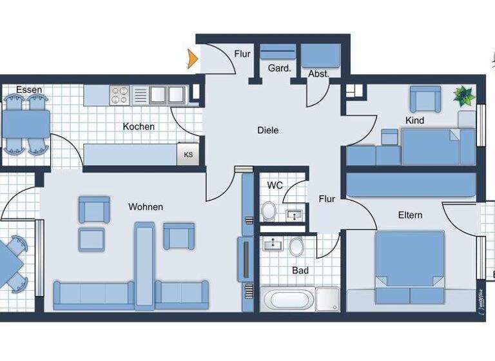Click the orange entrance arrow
[192, 60]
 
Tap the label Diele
[267, 130]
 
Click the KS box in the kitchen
[188, 155]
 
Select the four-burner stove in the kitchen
[120, 95]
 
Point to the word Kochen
[139, 126]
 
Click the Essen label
[29, 90]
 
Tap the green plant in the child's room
[463, 96]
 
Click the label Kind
[414, 121]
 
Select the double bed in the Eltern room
[409, 266]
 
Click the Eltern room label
[410, 215]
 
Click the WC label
[275, 186]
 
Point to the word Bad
[300, 270]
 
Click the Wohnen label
[146, 207]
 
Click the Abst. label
[318, 73]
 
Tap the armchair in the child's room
[423, 99]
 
